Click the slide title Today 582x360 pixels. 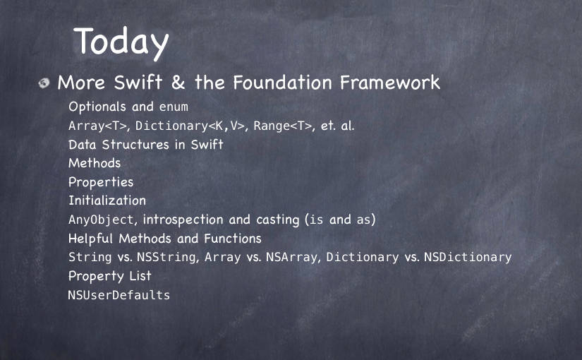[121, 43]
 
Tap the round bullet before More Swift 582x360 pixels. [44, 83]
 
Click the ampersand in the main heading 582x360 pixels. [178, 82]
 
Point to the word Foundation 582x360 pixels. [282, 82]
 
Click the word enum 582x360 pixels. [174, 107]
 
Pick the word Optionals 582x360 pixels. [97, 107]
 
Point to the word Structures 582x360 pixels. [135, 145]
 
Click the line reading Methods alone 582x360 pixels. [95, 163]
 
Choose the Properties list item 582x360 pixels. [101, 182]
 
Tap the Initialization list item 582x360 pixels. [107, 200]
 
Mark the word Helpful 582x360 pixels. [90, 238]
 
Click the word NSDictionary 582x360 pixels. [468, 257]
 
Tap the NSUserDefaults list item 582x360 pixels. [119, 295]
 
